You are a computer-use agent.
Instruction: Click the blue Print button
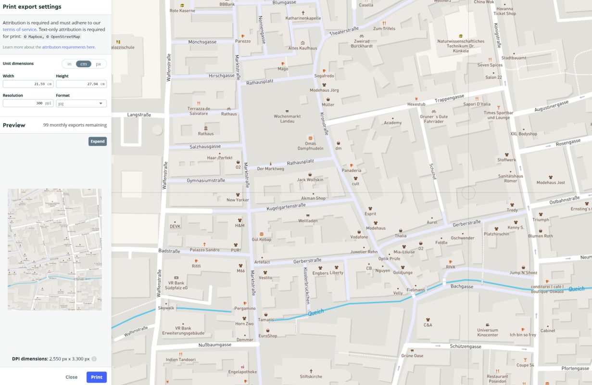96,377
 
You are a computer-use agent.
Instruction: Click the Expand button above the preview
98,141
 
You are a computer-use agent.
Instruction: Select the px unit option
98,64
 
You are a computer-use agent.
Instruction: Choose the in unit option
69,64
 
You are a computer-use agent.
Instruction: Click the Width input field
27,84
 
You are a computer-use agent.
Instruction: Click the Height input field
81,84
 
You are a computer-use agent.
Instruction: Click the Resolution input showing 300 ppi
27,103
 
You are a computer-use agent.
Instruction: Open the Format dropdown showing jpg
81,103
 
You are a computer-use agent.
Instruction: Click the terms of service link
19,29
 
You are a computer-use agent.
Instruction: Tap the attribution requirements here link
68,47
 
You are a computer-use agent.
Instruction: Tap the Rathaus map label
206,133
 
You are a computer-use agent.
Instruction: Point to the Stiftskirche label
311,376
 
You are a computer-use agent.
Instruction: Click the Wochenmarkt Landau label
287,118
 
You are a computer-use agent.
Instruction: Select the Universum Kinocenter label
488,333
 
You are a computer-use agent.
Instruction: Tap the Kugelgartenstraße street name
286,207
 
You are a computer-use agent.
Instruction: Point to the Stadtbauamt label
514,58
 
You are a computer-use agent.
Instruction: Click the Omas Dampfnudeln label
310,146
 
